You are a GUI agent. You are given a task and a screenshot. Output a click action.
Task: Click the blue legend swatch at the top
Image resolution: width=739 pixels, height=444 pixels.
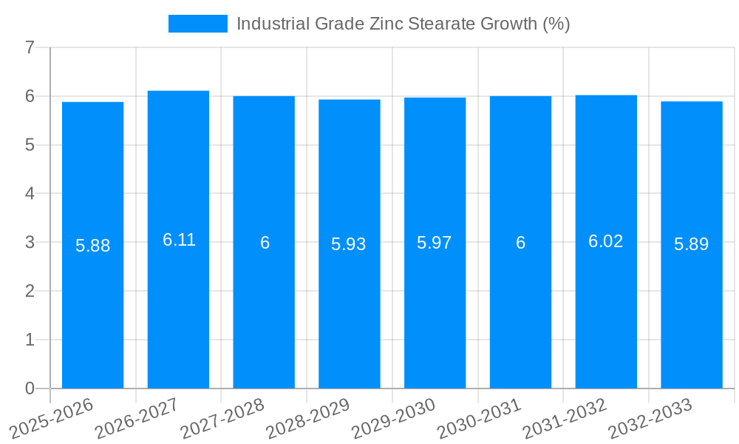197,24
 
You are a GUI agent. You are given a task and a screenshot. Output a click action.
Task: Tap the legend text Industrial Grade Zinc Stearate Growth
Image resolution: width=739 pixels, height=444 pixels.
403,24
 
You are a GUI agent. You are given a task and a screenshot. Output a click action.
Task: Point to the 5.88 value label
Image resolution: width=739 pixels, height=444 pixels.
92,246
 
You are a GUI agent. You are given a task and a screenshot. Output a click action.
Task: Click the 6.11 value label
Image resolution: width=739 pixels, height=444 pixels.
179,240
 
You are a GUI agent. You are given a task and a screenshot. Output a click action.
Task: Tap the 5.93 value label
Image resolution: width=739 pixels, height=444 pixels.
349,244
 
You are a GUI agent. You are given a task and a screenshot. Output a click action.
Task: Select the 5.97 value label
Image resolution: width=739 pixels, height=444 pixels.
435,243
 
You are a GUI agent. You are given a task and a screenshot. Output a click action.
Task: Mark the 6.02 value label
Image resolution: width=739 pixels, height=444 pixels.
605,241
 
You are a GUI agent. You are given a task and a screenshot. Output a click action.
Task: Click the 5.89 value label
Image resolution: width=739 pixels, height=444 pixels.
691,244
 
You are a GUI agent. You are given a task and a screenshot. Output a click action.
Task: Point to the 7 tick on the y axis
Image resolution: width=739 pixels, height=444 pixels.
30,48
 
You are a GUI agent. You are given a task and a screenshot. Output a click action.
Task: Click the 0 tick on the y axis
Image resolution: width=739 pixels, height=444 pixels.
30,388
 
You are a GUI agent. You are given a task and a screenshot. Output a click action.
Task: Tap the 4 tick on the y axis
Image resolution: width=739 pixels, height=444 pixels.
30,194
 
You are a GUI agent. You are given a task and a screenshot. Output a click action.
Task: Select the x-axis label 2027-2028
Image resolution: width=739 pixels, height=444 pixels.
222,419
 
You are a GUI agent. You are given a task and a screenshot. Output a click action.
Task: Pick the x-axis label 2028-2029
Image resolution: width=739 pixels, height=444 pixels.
307,419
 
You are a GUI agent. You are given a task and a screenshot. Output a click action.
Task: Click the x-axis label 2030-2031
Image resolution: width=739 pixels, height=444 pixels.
479,419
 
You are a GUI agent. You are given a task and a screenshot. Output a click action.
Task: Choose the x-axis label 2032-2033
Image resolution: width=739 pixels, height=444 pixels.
650,419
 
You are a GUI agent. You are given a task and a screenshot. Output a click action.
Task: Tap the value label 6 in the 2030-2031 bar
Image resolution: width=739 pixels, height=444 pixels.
520,243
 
